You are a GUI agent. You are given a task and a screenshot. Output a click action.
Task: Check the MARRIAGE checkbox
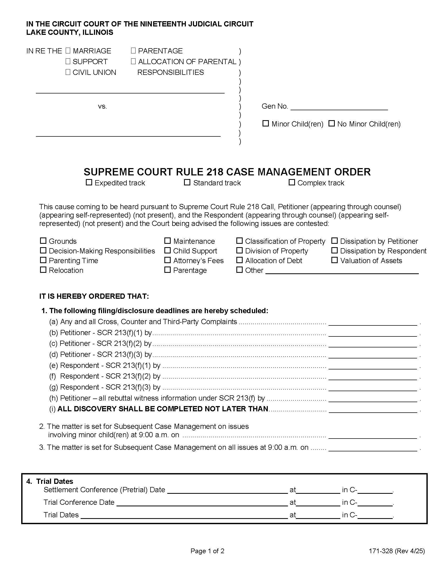pos(68,51)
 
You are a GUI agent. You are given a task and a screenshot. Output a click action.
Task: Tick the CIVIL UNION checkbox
pos(68,72)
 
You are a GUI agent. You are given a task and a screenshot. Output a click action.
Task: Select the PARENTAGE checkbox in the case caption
pos(133,51)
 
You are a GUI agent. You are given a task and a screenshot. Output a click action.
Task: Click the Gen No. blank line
pos(339,107)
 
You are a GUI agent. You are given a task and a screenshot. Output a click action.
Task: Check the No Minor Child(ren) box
pos(331,123)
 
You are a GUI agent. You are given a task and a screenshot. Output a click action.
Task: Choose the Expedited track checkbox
pos(89,182)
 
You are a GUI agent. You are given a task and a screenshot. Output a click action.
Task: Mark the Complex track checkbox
pos(292,182)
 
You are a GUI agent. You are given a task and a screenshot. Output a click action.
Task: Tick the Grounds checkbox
pos(43,241)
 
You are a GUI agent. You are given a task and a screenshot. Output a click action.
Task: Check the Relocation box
pos(43,270)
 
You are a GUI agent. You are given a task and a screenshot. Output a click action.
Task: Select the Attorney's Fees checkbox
pos(168,260)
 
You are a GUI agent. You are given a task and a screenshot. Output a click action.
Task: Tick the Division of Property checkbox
pos(239,251)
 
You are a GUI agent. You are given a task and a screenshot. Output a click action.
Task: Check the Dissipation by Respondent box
pos(334,251)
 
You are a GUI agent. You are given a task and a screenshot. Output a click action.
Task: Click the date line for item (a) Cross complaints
pos(372,323)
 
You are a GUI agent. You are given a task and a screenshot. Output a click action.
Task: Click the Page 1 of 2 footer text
pos(207,551)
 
